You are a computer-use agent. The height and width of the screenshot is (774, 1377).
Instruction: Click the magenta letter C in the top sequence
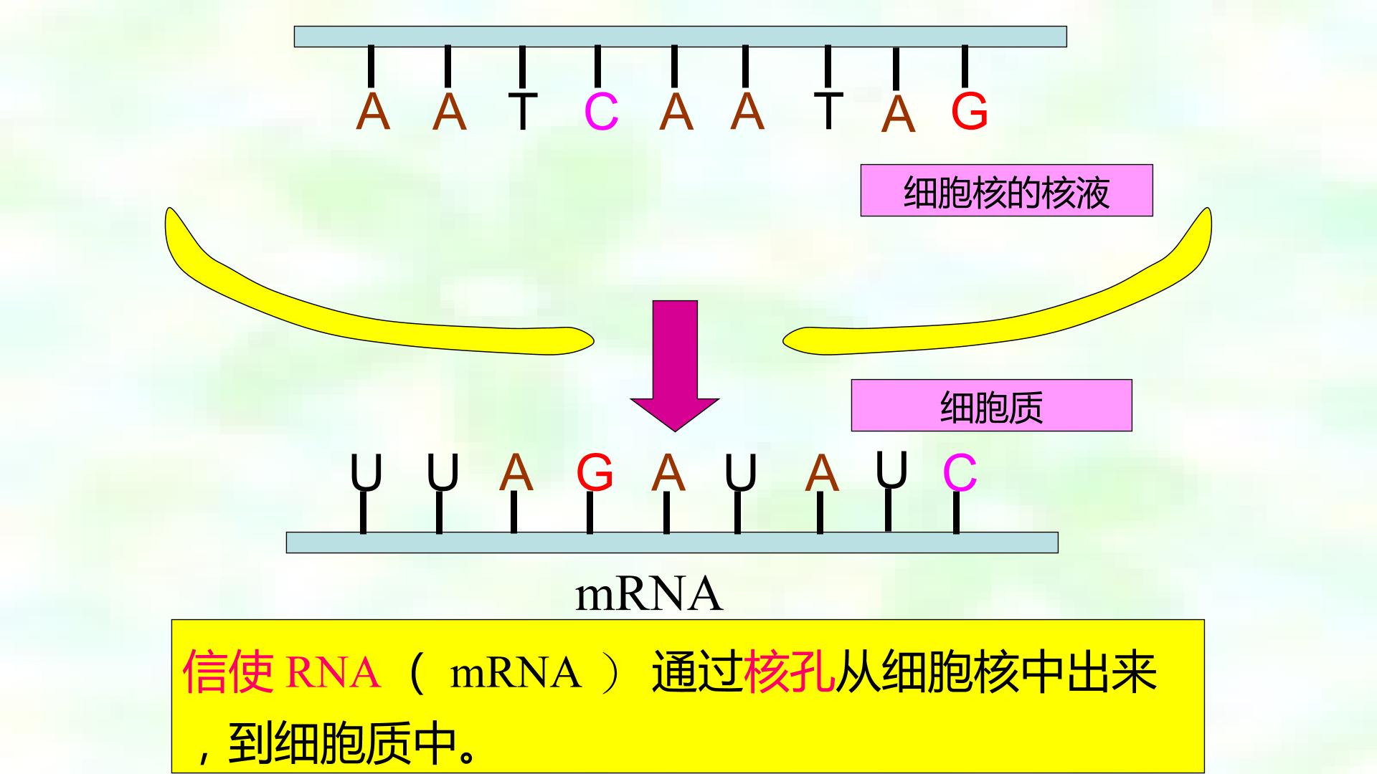pos(601,113)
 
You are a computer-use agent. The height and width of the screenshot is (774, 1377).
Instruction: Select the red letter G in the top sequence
pos(970,112)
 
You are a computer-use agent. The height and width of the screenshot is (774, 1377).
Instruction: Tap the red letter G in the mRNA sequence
pos(595,473)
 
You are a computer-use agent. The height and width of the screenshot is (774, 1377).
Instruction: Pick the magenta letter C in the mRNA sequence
pos(960,473)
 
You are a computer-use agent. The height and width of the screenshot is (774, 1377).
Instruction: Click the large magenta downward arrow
pos(675,365)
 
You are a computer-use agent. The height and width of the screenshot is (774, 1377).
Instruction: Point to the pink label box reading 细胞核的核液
pos(1006,191)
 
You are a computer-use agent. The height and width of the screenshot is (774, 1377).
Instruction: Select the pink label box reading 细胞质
pos(991,406)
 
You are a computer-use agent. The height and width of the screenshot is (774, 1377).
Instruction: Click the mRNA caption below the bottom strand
pos(648,595)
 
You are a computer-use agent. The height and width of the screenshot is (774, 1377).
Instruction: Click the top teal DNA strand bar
pos(680,37)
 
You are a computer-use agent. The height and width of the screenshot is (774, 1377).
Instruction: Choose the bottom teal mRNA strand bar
pos(672,543)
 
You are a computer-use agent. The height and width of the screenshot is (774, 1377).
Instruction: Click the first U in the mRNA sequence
pos(366,473)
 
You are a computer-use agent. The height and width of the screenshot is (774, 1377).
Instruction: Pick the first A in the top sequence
pos(373,111)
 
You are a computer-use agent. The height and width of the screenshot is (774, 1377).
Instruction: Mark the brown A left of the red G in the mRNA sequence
pos(516,473)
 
